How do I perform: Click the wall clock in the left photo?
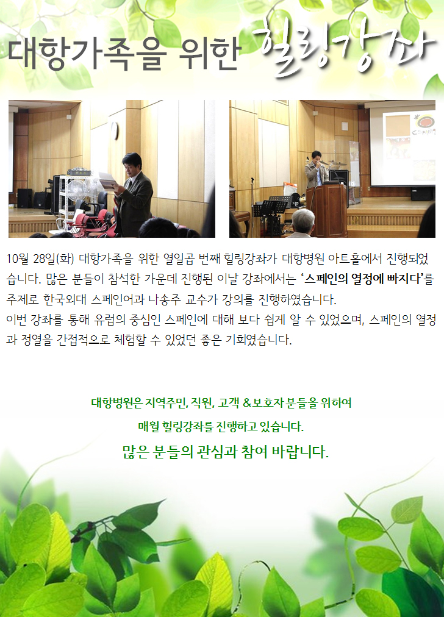[115, 131]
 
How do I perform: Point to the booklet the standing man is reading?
[107, 182]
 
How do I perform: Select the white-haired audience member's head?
[303, 221]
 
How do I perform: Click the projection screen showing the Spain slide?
[403, 143]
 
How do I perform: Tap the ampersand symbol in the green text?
[247, 403]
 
